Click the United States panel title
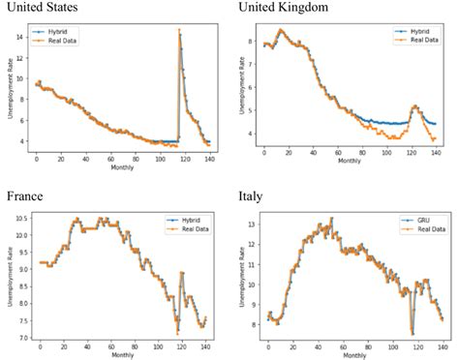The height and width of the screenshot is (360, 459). (x=42, y=8)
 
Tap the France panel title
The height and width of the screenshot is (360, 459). (x=25, y=195)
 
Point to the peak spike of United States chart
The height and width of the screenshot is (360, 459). (x=179, y=30)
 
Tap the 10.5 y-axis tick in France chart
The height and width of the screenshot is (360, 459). (x=22, y=220)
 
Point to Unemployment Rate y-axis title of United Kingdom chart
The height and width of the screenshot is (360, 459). (x=239, y=89)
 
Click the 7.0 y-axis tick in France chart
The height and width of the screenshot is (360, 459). (x=23, y=339)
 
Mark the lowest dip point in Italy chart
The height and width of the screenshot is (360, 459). (x=412, y=333)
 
